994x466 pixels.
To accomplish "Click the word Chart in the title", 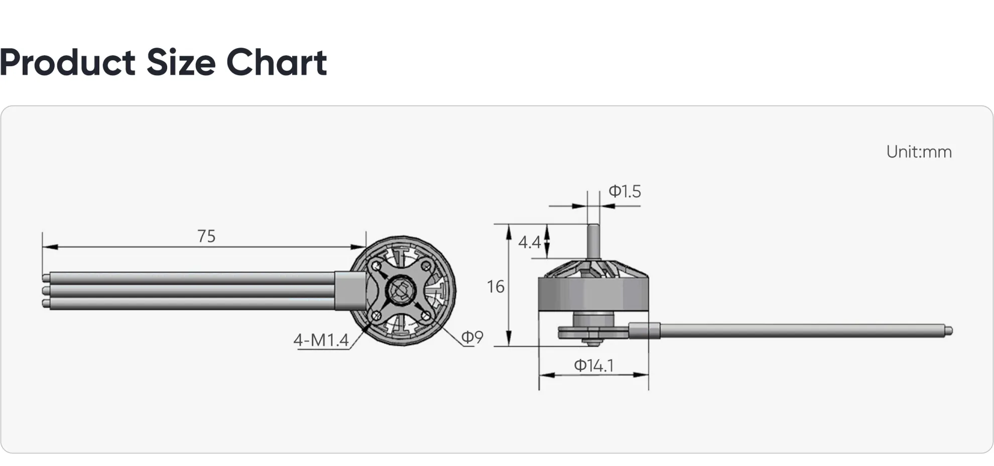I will click(277, 63).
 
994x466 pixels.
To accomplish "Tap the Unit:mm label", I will click(919, 152).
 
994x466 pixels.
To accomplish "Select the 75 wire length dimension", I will click(206, 236).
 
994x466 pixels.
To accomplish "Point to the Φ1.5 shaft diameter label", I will click(625, 192).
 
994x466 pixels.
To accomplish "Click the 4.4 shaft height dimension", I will click(529, 243).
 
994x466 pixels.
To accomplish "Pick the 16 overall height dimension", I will click(495, 287).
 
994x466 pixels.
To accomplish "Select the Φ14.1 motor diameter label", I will click(594, 366).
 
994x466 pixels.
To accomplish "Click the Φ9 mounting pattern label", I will click(472, 338).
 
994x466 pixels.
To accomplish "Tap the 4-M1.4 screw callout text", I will click(321, 341).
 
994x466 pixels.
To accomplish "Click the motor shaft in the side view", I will click(593, 241).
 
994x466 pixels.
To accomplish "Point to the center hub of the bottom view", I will click(401, 290).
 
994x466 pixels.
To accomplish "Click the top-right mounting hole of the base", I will click(426, 266).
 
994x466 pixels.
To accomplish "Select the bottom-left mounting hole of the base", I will click(376, 316).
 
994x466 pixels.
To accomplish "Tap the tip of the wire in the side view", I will click(948, 331).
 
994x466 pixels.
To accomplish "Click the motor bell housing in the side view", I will click(593, 294).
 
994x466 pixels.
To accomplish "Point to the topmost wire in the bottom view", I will click(191, 278).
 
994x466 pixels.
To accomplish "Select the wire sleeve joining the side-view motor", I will click(644, 331).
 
